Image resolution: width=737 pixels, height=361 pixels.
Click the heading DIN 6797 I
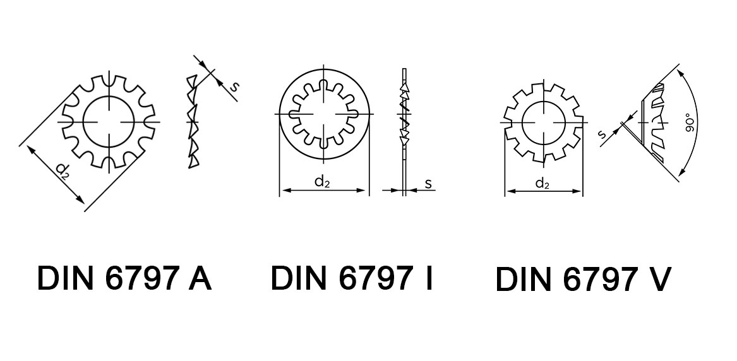[351, 278]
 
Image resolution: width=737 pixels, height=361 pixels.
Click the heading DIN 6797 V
[584, 280]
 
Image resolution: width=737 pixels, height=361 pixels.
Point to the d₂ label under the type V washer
[542, 183]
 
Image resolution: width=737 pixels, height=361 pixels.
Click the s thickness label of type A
[234, 86]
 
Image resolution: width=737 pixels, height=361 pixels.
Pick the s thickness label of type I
[428, 184]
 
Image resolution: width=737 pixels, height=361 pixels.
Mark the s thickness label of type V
[602, 134]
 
